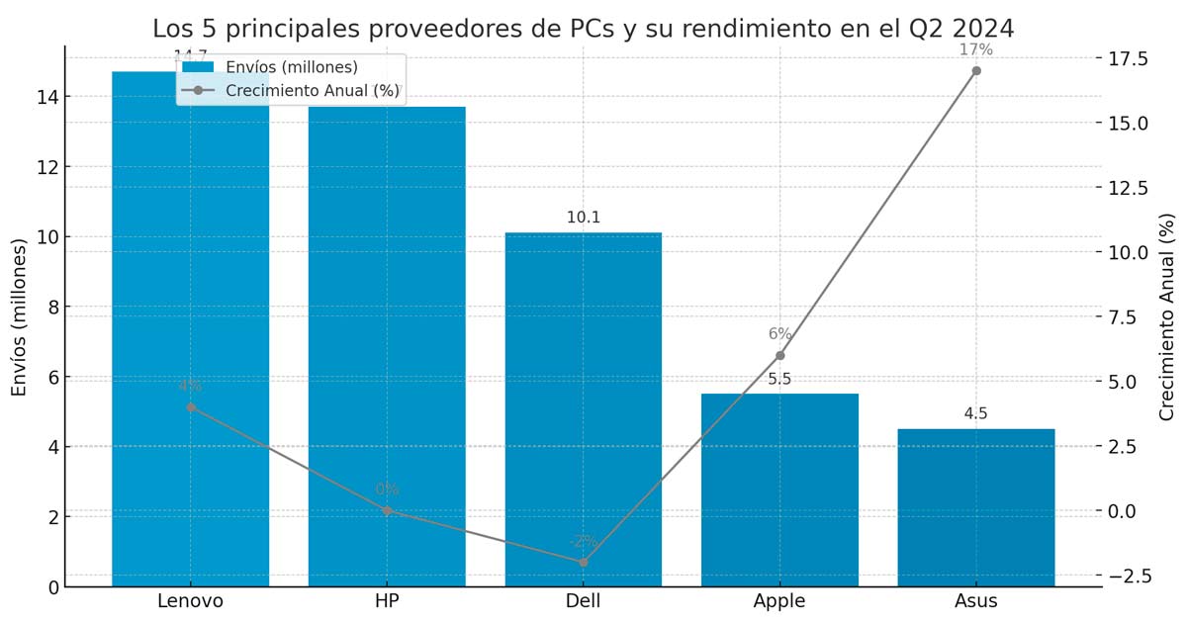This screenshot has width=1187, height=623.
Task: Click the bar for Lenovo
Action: (x=190, y=326)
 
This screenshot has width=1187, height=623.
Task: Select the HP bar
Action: (x=387, y=346)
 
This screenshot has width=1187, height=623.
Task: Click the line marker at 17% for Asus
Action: (x=976, y=70)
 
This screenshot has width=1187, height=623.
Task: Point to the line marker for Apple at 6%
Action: (x=779, y=355)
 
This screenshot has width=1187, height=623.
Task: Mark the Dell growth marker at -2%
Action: (x=583, y=562)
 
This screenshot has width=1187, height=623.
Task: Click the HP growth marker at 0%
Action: (x=387, y=510)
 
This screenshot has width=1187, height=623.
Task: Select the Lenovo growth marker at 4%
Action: (x=190, y=406)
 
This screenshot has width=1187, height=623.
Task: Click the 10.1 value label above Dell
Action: (x=583, y=218)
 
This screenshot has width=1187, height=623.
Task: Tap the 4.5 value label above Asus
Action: (x=976, y=413)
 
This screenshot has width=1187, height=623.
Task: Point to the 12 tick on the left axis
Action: (x=46, y=167)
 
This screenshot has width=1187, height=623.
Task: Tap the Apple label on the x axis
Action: (x=779, y=601)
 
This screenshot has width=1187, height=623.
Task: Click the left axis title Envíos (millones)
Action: (x=20, y=315)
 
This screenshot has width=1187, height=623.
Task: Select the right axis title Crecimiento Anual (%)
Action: (x=1167, y=315)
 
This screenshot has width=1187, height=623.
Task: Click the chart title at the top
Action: (x=583, y=28)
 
